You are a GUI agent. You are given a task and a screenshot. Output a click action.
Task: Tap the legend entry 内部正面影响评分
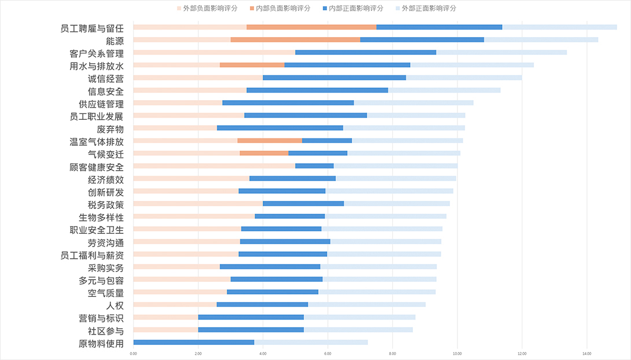(x=355, y=8)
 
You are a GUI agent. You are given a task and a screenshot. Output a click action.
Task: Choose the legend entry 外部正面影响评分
(x=427, y=8)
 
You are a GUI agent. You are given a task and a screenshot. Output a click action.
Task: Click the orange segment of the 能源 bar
(x=295, y=39)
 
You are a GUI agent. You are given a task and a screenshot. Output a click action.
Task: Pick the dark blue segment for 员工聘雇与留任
(x=439, y=27)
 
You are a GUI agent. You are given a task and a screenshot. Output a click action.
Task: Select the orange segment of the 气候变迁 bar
(x=264, y=153)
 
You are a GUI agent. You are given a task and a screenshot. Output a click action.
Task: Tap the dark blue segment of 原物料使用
(x=193, y=342)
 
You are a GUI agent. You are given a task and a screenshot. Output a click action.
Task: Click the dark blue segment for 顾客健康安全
(x=314, y=166)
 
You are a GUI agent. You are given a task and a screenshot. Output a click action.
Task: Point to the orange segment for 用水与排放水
(x=252, y=65)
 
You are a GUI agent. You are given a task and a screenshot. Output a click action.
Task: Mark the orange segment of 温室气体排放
(x=270, y=141)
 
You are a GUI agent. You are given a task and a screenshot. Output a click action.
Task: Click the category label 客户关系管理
(x=96, y=53)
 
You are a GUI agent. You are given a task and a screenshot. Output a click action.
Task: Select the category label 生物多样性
(x=101, y=218)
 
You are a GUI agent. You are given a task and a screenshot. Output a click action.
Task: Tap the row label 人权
(x=115, y=305)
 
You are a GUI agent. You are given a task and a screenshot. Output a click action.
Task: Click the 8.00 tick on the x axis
(x=392, y=353)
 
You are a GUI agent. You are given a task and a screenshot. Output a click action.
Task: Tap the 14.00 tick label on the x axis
(x=586, y=353)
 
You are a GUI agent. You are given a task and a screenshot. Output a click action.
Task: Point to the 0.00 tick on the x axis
(x=134, y=353)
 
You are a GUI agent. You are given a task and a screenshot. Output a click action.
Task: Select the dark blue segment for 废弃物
(x=280, y=128)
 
